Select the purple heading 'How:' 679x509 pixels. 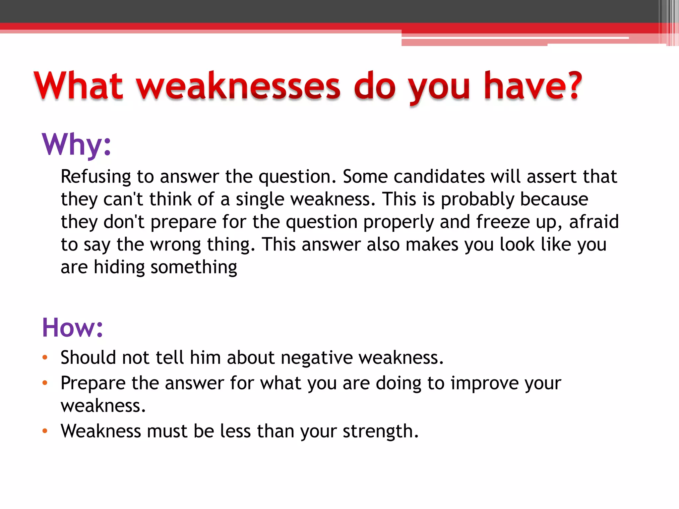(x=73, y=327)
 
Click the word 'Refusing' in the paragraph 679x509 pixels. (x=96, y=177)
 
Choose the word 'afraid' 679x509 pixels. (x=594, y=222)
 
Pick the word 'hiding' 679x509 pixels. (x=119, y=267)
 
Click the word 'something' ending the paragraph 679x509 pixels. (x=194, y=267)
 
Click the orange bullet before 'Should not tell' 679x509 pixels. (x=45, y=358)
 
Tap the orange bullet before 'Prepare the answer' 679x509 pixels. (x=45, y=383)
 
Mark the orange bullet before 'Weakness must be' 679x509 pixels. (x=45, y=431)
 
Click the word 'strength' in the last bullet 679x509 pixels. (x=378, y=431)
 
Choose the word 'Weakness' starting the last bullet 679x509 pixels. (x=101, y=431)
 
